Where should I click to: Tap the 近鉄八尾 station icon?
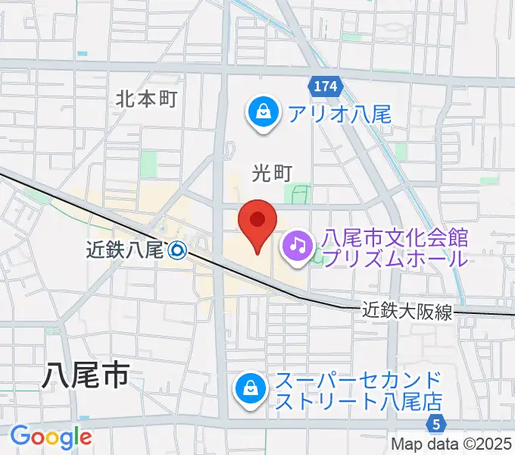tap(178, 249)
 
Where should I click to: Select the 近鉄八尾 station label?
tap(125, 249)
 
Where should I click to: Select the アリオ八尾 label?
tap(339, 115)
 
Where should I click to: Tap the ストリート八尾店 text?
tap(358, 400)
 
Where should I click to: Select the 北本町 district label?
tap(146, 99)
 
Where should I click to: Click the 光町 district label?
tap(272, 174)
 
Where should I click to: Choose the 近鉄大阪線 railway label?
tap(407, 311)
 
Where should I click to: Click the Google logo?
tap(50, 437)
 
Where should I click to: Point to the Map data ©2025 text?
tap(451, 444)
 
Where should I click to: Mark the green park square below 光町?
tap(302, 194)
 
